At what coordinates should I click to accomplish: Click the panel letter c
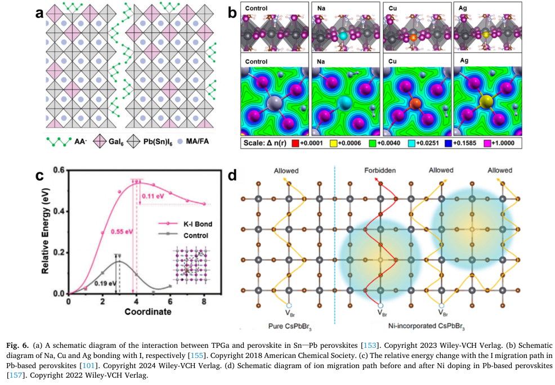(41, 175)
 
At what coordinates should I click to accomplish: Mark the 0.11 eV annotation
(153, 196)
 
